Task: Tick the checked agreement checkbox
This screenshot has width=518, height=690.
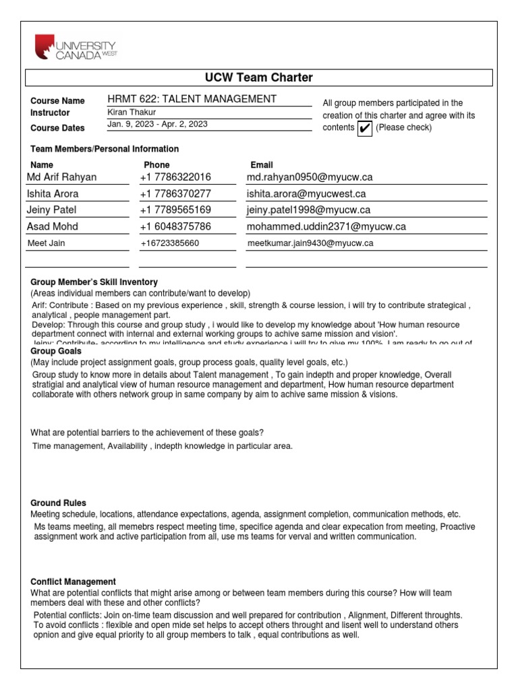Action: tap(364, 128)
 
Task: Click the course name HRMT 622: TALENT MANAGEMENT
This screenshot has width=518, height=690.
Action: tap(192, 99)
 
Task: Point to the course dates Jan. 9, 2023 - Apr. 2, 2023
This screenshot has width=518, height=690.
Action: tap(157, 125)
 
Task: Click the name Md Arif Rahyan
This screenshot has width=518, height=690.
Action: tap(62, 177)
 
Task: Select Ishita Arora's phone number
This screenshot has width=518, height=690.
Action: tap(175, 193)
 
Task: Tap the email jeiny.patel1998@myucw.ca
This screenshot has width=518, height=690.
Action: tap(308, 210)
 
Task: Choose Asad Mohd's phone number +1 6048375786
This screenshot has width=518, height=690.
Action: tap(175, 226)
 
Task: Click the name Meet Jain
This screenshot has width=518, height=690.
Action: tap(47, 243)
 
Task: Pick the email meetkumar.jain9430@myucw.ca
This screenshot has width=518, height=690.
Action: tap(310, 243)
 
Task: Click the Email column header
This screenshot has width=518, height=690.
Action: tap(262, 164)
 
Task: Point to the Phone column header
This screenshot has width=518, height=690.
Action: tap(156, 164)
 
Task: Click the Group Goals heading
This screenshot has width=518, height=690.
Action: tap(56, 351)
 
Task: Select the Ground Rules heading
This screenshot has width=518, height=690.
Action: tap(58, 503)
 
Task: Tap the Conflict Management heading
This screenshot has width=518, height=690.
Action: tap(74, 582)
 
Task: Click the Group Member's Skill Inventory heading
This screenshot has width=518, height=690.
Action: tap(94, 282)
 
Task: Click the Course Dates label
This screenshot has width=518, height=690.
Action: tap(58, 127)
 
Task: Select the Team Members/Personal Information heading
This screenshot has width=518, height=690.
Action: tap(105, 149)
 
